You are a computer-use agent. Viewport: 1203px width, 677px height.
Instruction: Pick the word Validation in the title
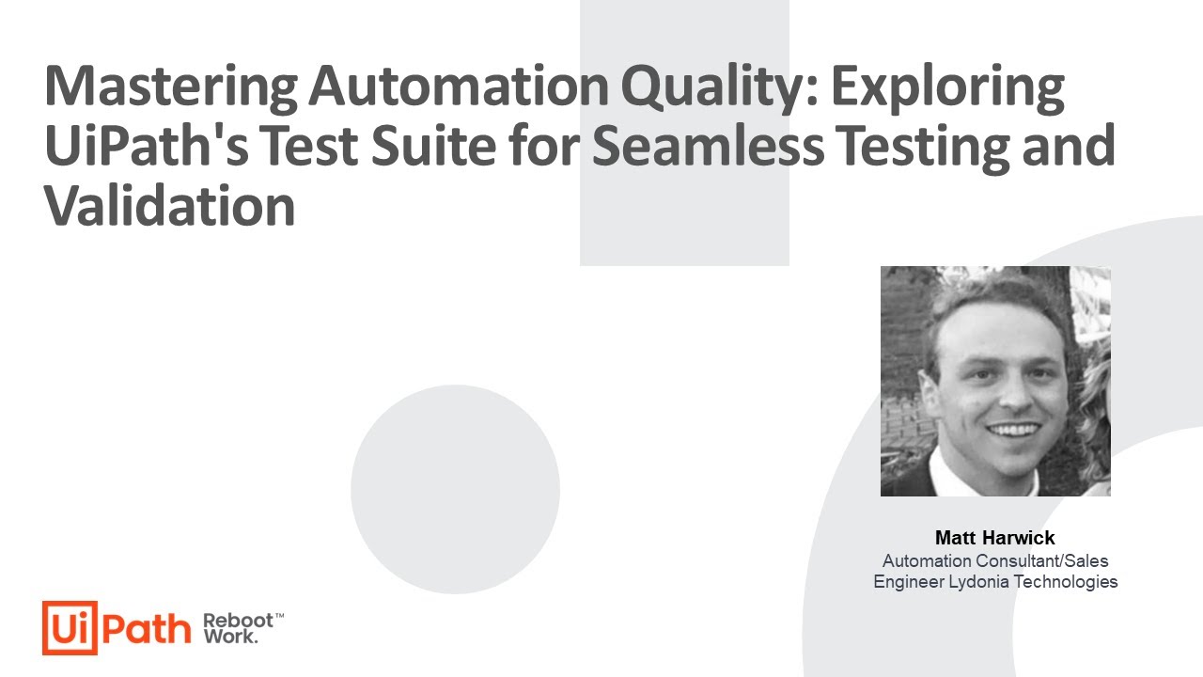click(170, 207)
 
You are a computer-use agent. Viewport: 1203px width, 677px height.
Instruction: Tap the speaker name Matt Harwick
click(994, 539)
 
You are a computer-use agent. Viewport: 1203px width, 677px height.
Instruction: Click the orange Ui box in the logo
click(70, 627)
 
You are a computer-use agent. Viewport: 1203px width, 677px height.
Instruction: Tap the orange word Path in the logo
click(146, 628)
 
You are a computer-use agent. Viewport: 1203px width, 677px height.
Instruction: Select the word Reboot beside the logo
click(238, 621)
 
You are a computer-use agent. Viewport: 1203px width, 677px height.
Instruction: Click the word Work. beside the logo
click(230, 638)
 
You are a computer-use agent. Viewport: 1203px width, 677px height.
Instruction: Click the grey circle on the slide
click(455, 489)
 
